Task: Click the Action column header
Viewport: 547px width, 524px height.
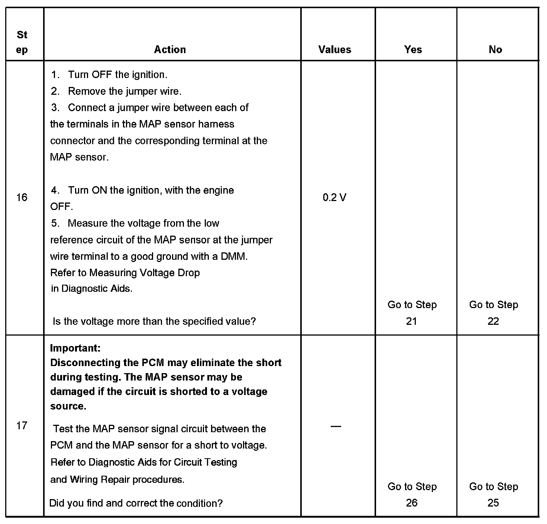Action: pyautogui.click(x=170, y=49)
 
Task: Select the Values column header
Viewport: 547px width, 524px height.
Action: pyautogui.click(x=334, y=49)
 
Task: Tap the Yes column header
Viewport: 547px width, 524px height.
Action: pyautogui.click(x=413, y=49)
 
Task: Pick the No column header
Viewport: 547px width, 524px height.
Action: pyautogui.click(x=495, y=49)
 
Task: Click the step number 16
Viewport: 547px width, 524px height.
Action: pyautogui.click(x=22, y=197)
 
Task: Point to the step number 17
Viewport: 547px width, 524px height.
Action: pyautogui.click(x=22, y=425)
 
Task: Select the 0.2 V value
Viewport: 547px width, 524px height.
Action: pyautogui.click(x=334, y=197)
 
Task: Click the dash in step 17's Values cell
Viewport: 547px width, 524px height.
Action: pyautogui.click(x=336, y=426)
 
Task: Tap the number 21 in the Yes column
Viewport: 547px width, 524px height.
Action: pyautogui.click(x=411, y=321)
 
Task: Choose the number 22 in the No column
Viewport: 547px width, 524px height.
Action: pyautogui.click(x=493, y=321)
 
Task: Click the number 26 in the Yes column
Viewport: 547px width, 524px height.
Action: pyautogui.click(x=411, y=503)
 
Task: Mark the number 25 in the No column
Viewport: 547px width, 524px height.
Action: pyautogui.click(x=493, y=503)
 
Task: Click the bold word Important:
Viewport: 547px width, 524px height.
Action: pyautogui.click(x=75, y=348)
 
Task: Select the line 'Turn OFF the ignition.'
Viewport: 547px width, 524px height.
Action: pyautogui.click(x=117, y=75)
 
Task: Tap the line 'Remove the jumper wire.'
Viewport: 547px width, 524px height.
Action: pyautogui.click(x=124, y=91)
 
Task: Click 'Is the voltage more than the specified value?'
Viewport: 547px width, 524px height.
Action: pyautogui.click(x=154, y=321)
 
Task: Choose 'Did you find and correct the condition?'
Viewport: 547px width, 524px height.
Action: pyautogui.click(x=136, y=503)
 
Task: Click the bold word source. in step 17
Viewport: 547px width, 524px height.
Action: pyautogui.click(x=68, y=406)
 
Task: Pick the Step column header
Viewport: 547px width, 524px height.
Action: pyautogui.click(x=22, y=42)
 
